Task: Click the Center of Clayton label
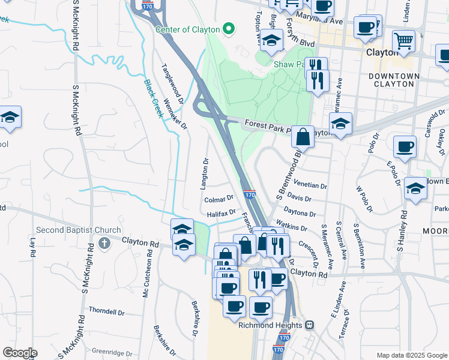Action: pos(187,29)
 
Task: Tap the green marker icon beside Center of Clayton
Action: pos(228,28)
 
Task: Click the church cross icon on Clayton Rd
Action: pos(104,244)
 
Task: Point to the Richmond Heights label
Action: pos(272,325)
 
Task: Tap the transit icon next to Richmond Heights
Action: pos(310,325)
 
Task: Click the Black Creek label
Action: pos(154,98)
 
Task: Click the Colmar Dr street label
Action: pos(218,199)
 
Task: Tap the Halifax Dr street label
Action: pos(221,213)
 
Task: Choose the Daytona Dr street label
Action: pos(300,213)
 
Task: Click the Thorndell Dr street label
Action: pos(106,313)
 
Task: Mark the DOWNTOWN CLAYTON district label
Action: pos(394,80)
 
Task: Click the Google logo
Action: pos(20,353)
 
